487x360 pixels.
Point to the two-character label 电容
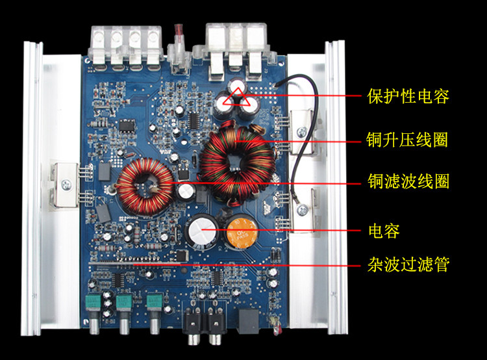pyautogui.click(x=383, y=230)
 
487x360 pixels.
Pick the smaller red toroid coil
pyautogui.click(x=145, y=188)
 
